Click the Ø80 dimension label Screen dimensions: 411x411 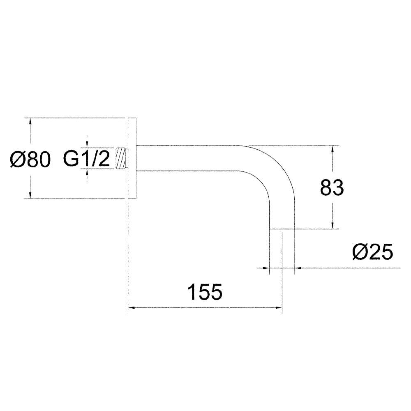pos(30,159)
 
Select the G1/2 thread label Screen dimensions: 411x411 pos(87,159)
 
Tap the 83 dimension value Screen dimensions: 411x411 pos(332,187)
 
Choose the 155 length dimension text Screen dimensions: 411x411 pos(205,292)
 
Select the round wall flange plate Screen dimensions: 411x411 pos(132,158)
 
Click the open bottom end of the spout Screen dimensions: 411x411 pos(282,229)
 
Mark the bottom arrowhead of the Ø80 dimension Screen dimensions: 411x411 pos(30,196)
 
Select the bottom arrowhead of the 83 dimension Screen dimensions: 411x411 pos(332,226)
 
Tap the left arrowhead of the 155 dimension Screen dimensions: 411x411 pos(131,307)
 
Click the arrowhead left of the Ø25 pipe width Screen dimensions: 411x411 pos(266,268)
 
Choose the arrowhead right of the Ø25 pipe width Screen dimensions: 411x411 pos(298,268)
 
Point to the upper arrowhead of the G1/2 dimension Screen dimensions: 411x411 pos(87,144)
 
